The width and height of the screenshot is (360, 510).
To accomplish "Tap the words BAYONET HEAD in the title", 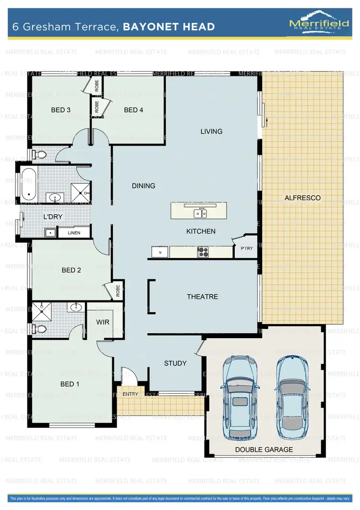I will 169,26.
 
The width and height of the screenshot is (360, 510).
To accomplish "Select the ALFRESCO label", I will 302,198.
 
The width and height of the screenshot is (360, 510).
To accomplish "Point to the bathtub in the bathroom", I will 29,184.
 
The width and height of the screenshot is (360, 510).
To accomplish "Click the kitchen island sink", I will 201,214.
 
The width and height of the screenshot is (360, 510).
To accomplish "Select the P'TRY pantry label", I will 246,249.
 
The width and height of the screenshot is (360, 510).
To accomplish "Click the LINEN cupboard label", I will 74,233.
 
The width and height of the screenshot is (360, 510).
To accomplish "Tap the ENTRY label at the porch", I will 130,394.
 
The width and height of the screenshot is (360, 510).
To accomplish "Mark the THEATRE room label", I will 202,297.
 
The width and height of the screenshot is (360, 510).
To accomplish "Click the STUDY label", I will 175,363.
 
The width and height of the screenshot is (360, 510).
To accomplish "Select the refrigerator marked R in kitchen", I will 160,251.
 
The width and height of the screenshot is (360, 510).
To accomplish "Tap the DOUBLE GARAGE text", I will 264,450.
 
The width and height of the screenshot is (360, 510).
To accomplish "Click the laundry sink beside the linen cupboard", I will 50,233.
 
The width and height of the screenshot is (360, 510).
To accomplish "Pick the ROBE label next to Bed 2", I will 118,290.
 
